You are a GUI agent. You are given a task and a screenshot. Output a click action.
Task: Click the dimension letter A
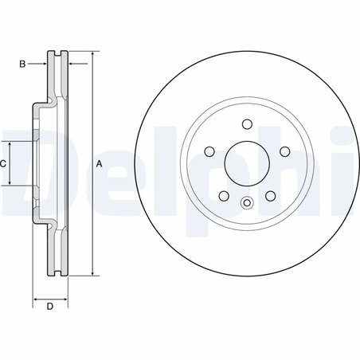click(100, 164)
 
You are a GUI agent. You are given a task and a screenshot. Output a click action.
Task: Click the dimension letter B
click(22, 62)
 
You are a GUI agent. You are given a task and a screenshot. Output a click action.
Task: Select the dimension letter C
click(4, 163)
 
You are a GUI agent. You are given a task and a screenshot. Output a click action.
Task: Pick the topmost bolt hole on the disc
click(246, 123)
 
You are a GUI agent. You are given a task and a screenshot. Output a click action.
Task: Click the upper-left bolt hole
click(209, 151)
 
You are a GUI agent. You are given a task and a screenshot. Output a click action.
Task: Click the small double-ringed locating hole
click(246, 203)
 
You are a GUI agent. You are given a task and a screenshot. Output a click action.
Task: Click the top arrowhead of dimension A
click(93, 55)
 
